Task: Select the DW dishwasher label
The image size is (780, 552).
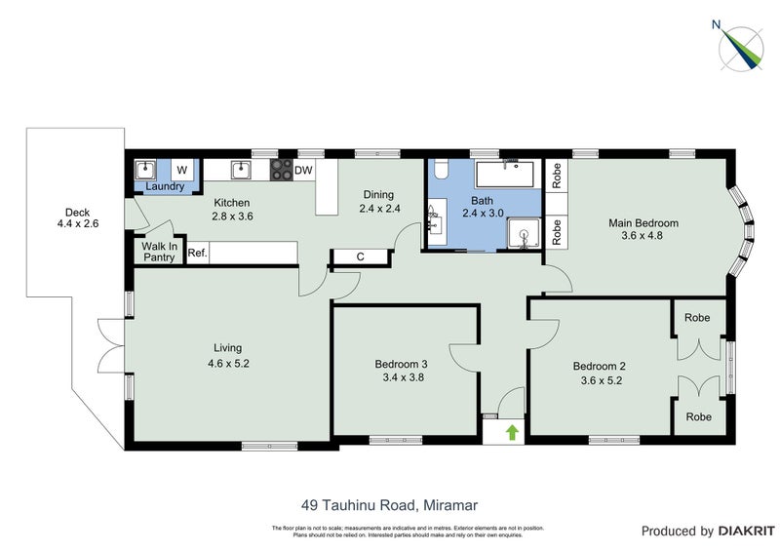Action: click(303, 171)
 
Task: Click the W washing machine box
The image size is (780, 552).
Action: click(181, 171)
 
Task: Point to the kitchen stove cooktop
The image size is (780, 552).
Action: click(281, 171)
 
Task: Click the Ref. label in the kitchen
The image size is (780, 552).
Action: click(196, 254)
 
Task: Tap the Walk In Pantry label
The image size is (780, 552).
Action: click(159, 253)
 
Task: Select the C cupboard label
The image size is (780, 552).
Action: click(360, 257)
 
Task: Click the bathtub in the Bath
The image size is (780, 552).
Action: click(504, 176)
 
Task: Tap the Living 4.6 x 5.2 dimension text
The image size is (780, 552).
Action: click(228, 363)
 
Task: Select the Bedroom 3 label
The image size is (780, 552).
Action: click(401, 364)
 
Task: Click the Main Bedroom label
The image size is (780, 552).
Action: click(643, 222)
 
